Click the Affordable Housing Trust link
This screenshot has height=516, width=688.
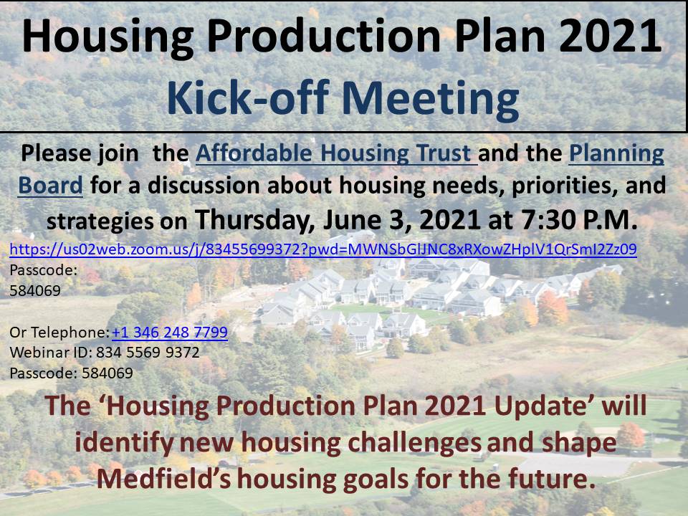(x=336, y=153)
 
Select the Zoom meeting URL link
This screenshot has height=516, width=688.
(x=322, y=250)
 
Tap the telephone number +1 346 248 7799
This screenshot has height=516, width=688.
(x=169, y=333)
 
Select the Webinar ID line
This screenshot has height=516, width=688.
(x=105, y=353)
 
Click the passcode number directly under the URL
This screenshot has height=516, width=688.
(x=35, y=292)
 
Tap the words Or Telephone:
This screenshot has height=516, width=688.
(x=59, y=333)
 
